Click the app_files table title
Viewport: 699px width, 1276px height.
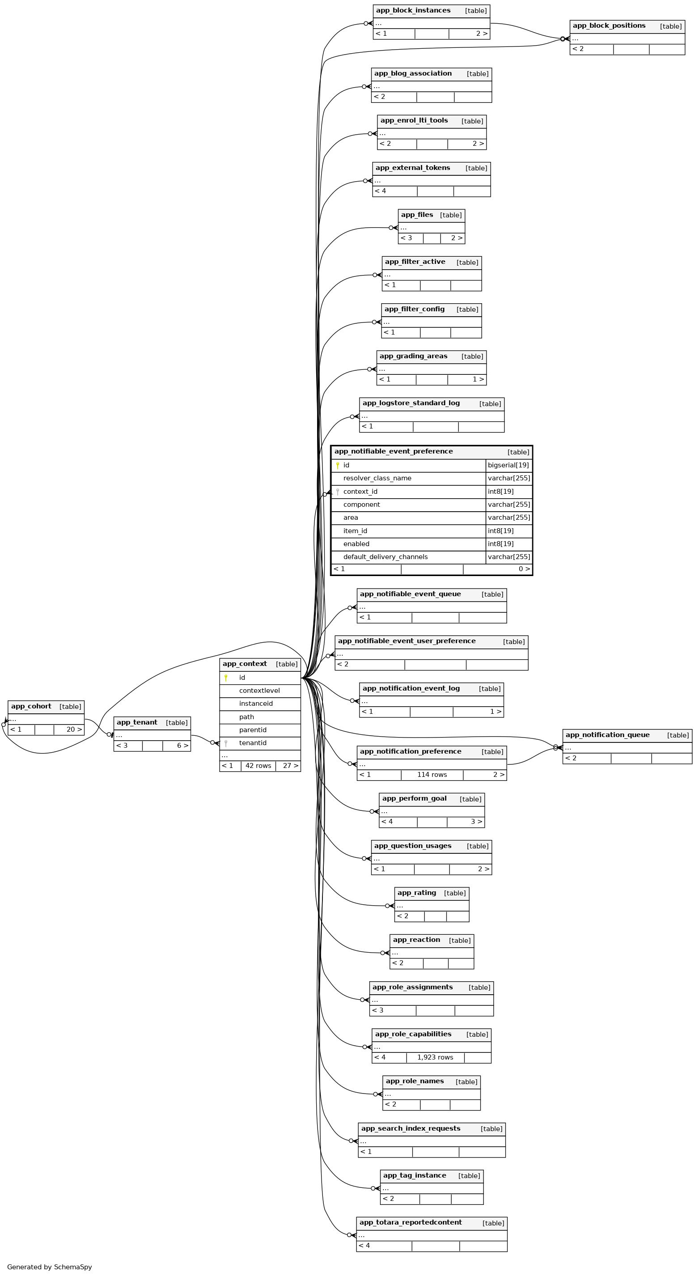(x=417, y=215)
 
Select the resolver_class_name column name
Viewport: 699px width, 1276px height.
(x=377, y=479)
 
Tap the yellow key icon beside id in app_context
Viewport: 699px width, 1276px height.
(x=226, y=678)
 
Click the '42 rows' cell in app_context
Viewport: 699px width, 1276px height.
(x=258, y=766)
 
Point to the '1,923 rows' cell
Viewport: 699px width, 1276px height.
(x=435, y=1057)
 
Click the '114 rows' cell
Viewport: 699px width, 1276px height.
(x=432, y=775)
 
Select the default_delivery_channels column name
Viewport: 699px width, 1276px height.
(x=386, y=557)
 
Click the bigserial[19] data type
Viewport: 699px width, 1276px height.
(x=508, y=465)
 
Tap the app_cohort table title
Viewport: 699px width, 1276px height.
(x=31, y=706)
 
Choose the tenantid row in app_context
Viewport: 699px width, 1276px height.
(x=253, y=743)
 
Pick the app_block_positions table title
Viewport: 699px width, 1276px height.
(x=609, y=26)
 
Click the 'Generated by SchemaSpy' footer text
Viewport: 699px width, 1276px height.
(x=50, y=1267)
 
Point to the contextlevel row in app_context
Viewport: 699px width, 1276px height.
(x=259, y=691)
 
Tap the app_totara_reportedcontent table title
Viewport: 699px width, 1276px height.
(x=410, y=1222)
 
